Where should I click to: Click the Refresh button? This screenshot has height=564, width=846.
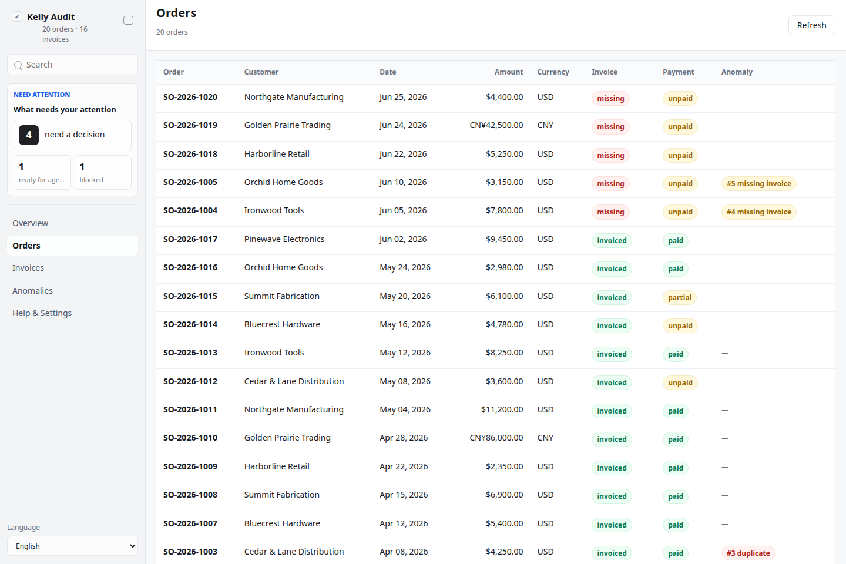811,25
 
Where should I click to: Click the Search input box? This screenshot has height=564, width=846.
72,65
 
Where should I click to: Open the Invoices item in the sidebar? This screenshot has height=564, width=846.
28,268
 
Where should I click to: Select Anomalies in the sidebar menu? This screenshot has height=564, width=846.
32,290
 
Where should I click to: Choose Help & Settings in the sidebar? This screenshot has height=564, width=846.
42,313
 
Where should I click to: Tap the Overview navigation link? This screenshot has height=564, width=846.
30,223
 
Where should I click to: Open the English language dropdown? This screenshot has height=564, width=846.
72,546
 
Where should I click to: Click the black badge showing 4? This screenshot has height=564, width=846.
29,135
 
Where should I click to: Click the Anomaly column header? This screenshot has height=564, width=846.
737,72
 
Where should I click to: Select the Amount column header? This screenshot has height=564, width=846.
508,72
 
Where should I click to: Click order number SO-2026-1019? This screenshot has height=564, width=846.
190,125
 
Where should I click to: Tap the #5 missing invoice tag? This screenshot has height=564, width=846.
758,183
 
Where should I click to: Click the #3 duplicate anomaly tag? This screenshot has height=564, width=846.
748,553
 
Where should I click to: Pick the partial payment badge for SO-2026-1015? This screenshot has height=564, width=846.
679,298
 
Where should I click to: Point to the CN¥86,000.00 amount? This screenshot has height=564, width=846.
496,438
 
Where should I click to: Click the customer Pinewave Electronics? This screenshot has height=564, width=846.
284,239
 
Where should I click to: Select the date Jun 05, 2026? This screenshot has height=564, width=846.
403,210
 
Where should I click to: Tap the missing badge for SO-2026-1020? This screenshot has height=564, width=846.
610,99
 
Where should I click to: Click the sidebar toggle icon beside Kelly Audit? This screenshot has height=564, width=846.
129,21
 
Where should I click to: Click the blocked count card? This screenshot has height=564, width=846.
103,172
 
